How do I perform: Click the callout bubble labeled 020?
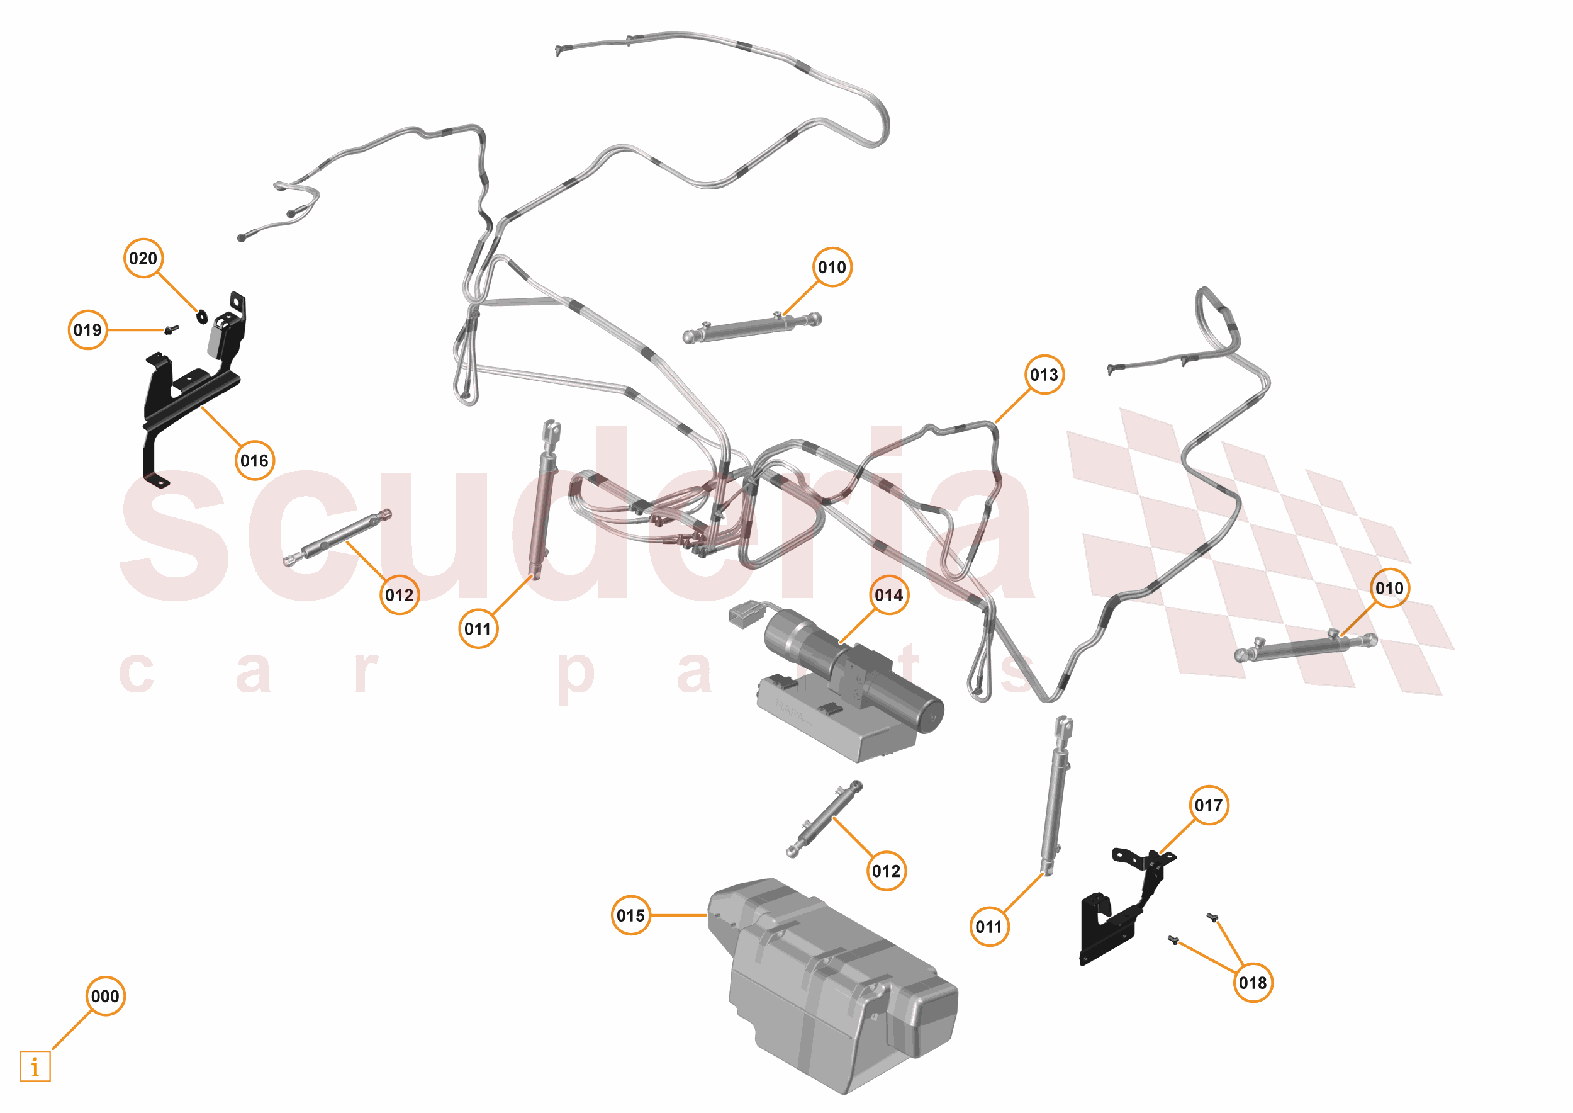tap(143, 258)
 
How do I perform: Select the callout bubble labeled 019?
tap(87, 331)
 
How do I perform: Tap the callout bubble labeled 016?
tap(254, 461)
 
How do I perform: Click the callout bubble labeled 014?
tap(888, 595)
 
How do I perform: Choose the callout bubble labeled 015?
tap(630, 915)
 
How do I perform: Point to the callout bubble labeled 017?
tap(1209, 805)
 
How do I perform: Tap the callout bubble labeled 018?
tap(1253, 983)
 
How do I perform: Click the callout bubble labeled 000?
tap(106, 996)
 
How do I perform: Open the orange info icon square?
tap(35, 1066)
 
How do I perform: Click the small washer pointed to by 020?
tap(202, 317)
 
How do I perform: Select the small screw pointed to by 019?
tap(170, 330)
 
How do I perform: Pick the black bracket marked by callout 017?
tap(1117, 918)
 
